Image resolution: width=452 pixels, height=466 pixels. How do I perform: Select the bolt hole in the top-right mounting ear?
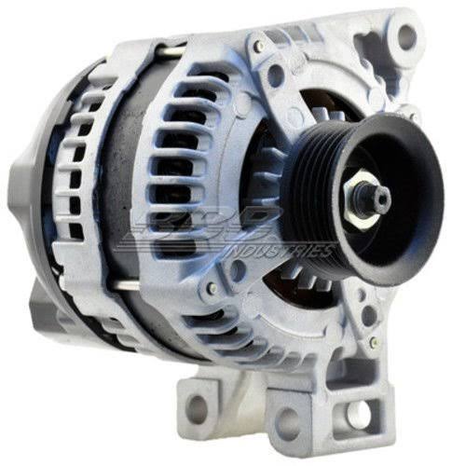point(406,37)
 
